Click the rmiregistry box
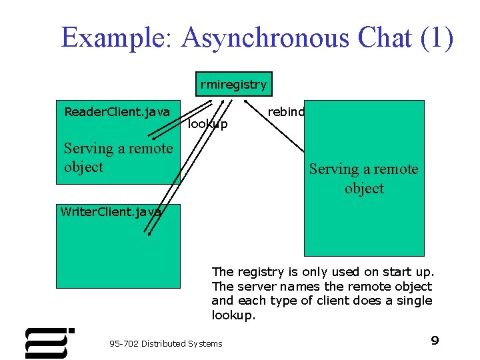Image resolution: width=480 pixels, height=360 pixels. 233,84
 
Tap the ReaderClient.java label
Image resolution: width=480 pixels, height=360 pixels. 117,111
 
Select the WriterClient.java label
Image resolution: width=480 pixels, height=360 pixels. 111,212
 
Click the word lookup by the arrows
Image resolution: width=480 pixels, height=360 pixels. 207,124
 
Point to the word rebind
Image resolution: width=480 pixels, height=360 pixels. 285,111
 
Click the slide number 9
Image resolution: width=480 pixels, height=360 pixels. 435,341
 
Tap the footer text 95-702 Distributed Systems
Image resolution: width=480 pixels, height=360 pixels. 165,343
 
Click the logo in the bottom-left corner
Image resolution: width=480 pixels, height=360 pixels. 48,343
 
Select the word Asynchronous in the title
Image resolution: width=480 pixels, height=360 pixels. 265,37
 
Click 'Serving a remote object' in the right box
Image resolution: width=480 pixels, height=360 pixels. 363,179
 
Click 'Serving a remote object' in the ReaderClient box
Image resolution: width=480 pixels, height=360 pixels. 117,157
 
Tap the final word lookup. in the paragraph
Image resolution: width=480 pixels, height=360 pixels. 233,315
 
